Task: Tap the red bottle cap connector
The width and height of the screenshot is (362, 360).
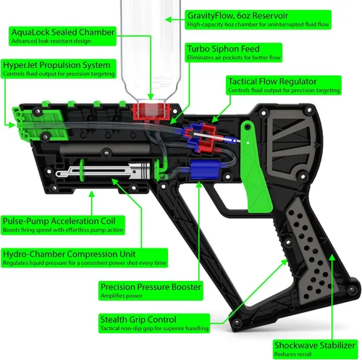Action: [x=151, y=112]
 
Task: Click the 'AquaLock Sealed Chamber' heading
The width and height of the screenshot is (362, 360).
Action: [x=63, y=33]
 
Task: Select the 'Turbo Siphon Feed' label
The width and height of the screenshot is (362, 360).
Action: [x=223, y=49]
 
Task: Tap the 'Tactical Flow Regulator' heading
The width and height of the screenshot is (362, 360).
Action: [x=272, y=82]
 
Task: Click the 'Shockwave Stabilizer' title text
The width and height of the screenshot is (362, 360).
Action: [x=315, y=346]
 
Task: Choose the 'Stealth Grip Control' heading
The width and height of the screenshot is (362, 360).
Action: [x=138, y=319]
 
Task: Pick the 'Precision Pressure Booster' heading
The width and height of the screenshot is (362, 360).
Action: [x=151, y=287]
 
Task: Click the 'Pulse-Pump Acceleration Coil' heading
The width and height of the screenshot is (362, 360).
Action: [x=59, y=221]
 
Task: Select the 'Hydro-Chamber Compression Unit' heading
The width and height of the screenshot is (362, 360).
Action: [x=70, y=254]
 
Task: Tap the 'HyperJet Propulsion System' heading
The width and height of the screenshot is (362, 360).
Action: [x=56, y=65]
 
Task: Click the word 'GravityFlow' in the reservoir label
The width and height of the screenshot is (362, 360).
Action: [x=211, y=16]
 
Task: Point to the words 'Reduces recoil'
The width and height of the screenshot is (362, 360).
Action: [x=292, y=354]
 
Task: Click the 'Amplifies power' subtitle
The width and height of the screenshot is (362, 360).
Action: [x=122, y=296]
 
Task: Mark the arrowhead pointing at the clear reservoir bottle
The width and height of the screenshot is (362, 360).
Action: [x=169, y=20]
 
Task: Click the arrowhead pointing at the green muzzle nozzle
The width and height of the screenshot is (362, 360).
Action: [x=12, y=125]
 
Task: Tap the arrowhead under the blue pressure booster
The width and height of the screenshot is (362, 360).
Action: [x=199, y=185]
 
